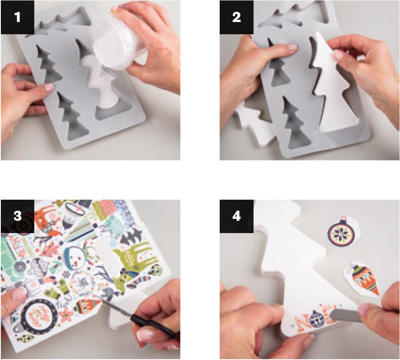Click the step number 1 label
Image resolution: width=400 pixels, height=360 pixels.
(17, 17)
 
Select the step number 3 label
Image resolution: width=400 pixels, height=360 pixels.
(17, 216)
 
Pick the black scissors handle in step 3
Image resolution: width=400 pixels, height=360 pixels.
(157, 328)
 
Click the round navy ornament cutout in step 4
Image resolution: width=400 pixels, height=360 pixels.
(341, 233)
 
